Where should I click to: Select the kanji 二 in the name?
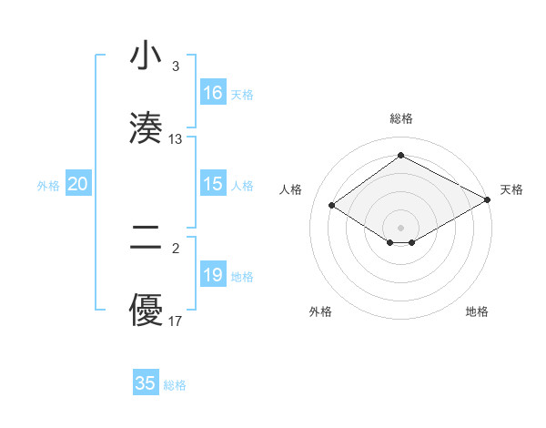pos(146,239)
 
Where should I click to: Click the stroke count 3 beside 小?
pos(175,66)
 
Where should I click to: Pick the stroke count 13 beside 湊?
pos(176,138)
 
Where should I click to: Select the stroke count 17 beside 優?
pos(176,321)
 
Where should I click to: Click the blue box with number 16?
pos(213,93)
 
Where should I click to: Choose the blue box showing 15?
pos(213,184)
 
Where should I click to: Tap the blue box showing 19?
pos(213,275)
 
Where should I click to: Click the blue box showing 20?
pos(78,184)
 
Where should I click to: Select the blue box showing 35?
pos(146,383)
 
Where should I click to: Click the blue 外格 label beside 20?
pos(48,185)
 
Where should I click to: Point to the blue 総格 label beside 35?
pos(175,385)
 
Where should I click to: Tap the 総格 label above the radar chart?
pos(401,118)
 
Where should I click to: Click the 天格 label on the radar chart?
pos(511,189)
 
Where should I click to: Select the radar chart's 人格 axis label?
pos(290,189)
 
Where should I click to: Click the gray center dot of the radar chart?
pos(401,227)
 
